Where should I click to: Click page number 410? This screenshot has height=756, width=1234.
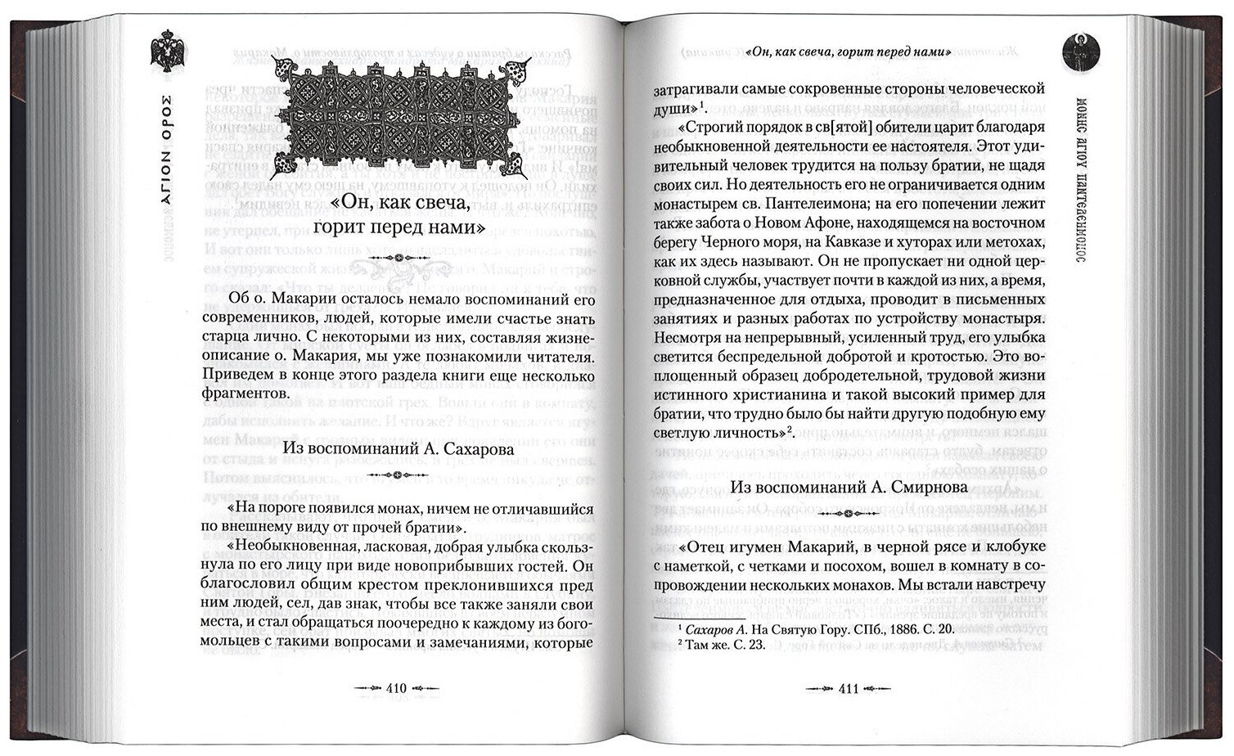click(x=396, y=688)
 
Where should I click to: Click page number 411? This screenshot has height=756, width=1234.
click(x=849, y=689)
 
